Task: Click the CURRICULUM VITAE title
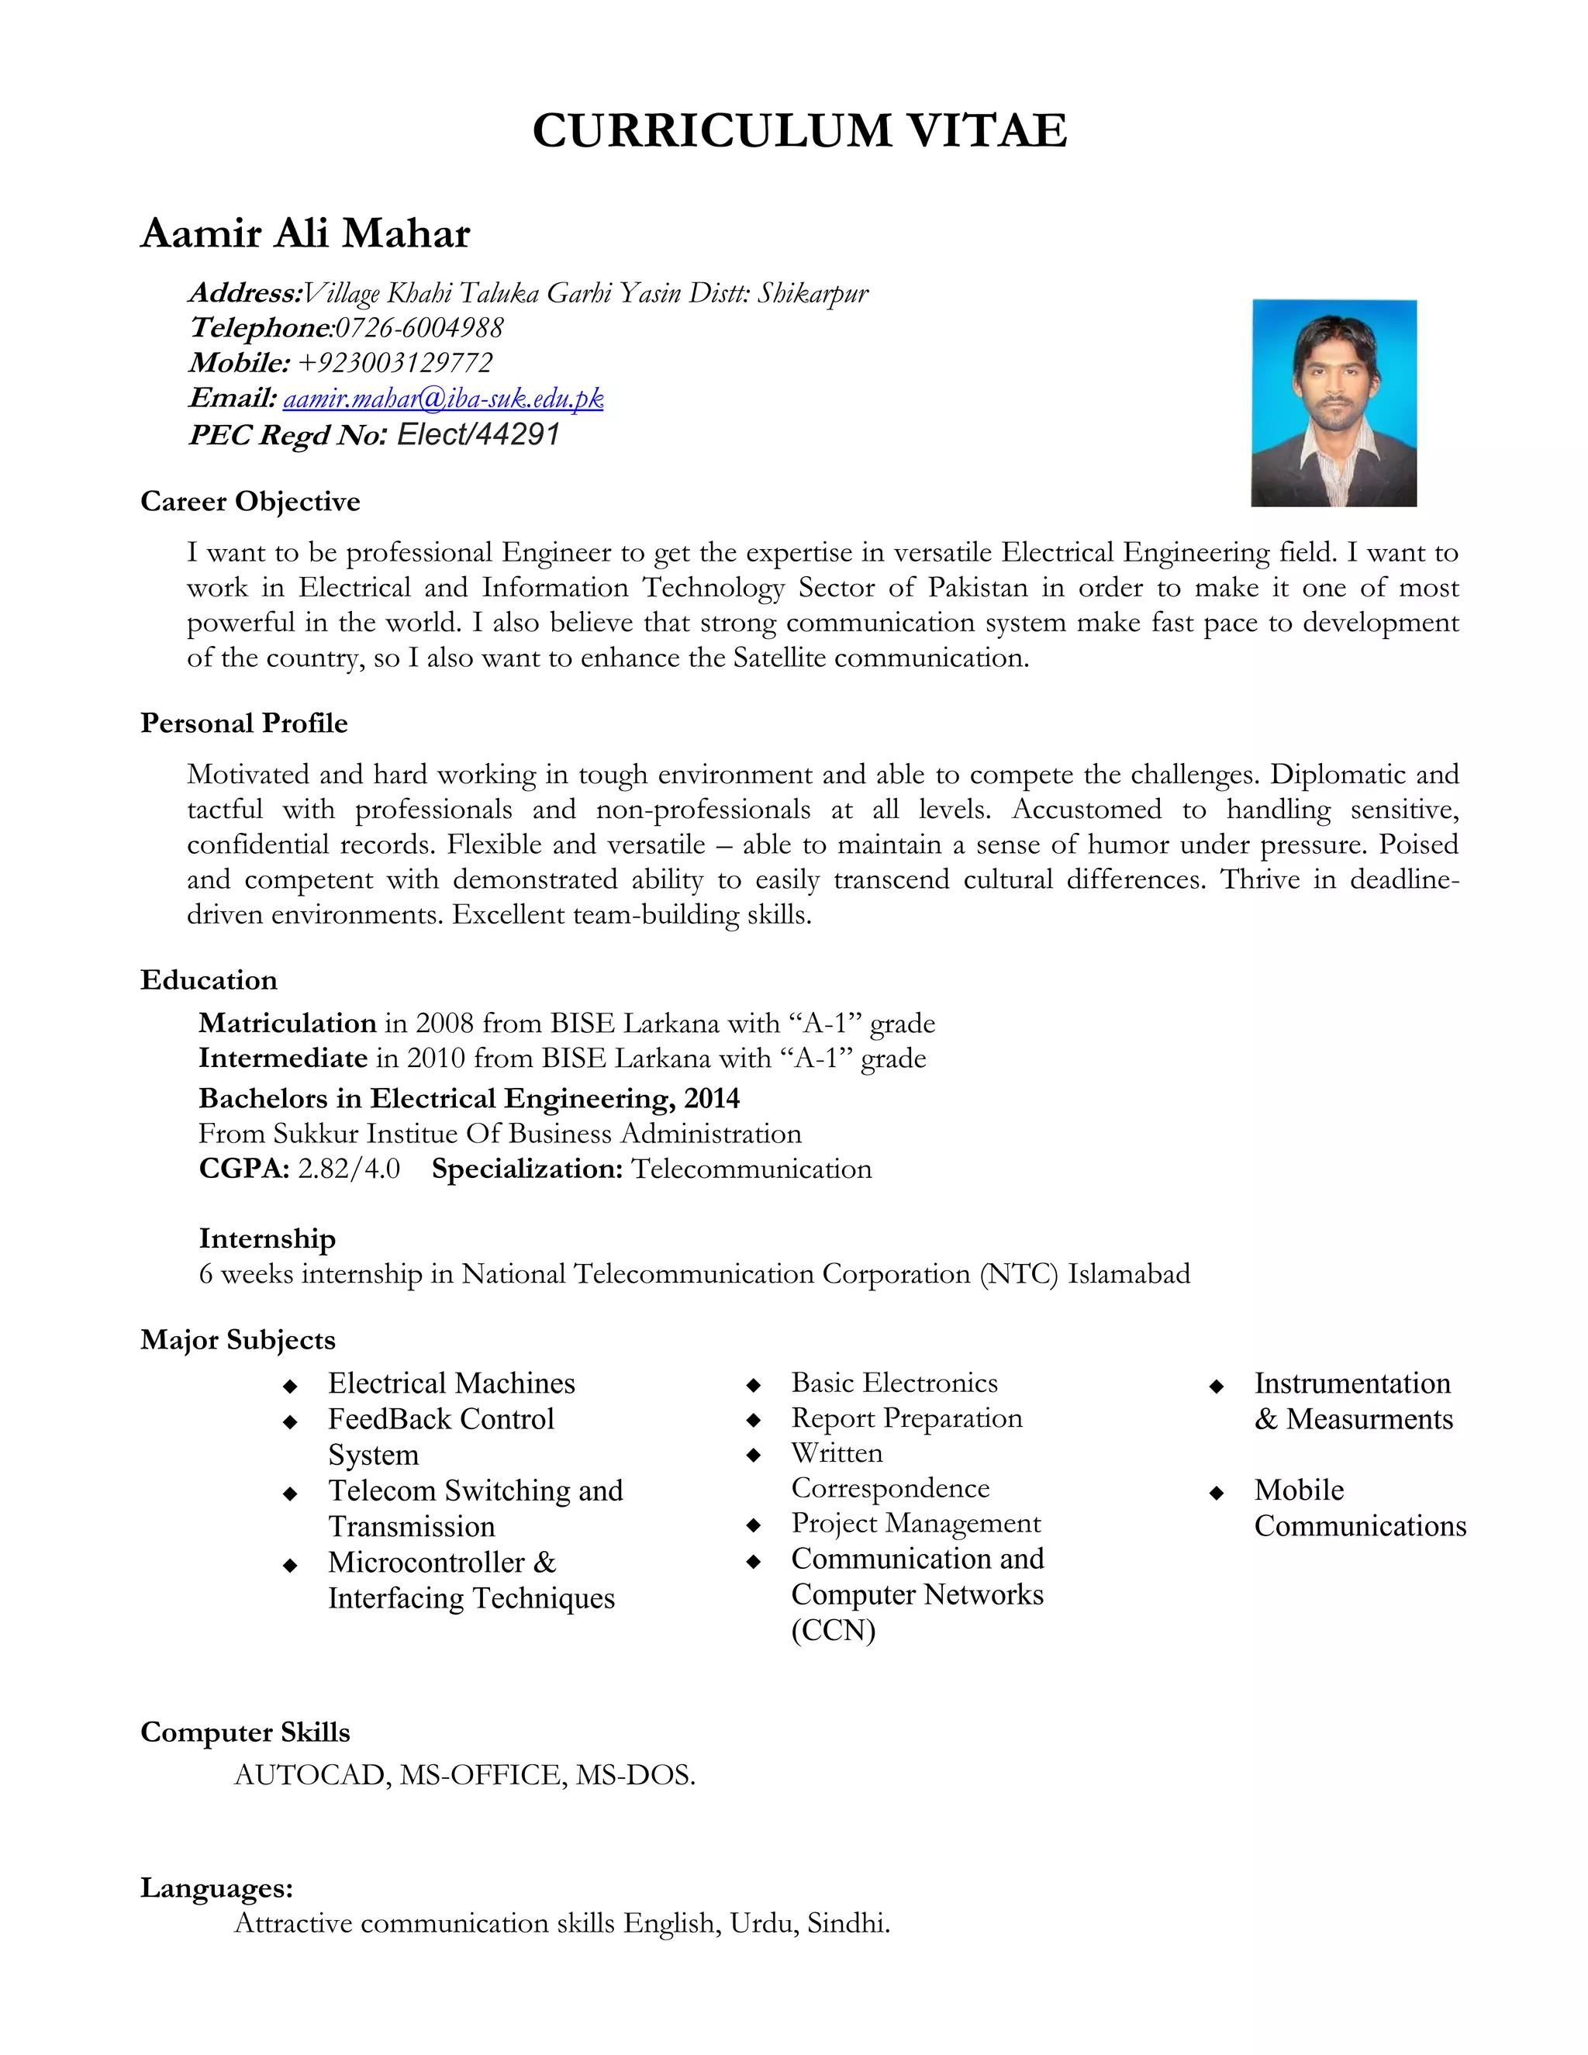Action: tap(799, 131)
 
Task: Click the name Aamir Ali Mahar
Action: tap(305, 233)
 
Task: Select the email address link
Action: tap(443, 399)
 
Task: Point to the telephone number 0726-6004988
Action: tap(419, 328)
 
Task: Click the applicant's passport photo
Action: tap(1333, 402)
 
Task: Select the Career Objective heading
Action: tap(250, 502)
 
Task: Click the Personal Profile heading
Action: tap(243, 723)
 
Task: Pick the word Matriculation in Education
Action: tap(287, 1023)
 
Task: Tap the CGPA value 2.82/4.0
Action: tap(349, 1169)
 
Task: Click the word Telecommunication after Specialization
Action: tap(751, 1169)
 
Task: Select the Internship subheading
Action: tap(268, 1238)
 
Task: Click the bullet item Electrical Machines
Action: tap(451, 1383)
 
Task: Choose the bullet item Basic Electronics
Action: tap(894, 1382)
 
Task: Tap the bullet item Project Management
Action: tap(916, 1522)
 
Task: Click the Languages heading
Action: tap(216, 1887)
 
